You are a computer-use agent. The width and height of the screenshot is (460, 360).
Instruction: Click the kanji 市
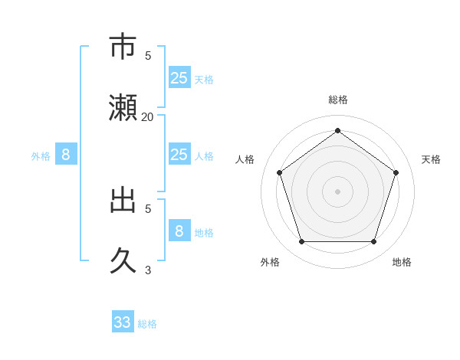coord(123,47)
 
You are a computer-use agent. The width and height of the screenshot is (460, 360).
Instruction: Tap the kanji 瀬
coord(123,108)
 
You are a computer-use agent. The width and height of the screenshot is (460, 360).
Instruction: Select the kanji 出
coord(123,200)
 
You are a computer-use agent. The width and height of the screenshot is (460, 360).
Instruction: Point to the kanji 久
coord(123,261)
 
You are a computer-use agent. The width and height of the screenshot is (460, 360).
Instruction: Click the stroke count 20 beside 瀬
coord(148,116)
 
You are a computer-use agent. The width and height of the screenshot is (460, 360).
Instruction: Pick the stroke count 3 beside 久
coord(148,270)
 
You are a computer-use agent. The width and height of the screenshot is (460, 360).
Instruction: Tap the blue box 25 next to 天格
coord(179,77)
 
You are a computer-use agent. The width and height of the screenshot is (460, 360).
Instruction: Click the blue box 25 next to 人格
coord(179,155)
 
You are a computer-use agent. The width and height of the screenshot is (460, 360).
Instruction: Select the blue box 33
coord(123,322)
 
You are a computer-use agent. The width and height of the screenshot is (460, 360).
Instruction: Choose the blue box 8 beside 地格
coord(179,231)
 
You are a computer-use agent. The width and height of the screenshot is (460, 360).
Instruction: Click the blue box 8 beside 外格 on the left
coord(66,155)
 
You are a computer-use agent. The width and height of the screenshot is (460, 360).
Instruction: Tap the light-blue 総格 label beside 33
coord(147,324)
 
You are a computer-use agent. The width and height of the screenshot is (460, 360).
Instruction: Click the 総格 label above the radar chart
coord(337,100)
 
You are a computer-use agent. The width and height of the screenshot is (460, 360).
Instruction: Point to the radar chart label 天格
coord(431,159)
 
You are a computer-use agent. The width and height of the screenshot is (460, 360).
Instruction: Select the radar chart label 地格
coord(402,262)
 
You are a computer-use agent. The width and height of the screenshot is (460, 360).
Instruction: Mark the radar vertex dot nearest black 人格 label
coord(279,172)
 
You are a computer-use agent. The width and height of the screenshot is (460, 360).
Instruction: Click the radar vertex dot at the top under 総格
coord(337,130)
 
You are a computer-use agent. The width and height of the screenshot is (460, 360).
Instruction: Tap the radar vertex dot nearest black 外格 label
coord(301,241)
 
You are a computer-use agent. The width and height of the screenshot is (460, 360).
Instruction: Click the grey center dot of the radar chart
coord(337,191)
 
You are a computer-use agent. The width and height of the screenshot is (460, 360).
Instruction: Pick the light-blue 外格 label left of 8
coord(41,156)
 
